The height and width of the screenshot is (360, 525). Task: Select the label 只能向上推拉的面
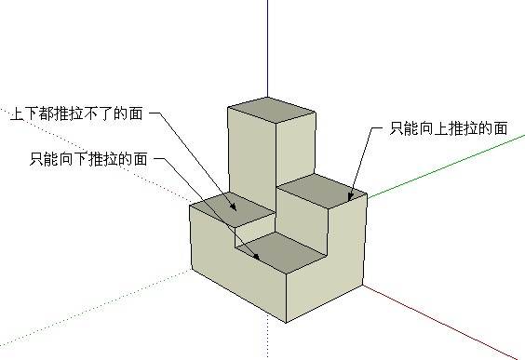point(449,127)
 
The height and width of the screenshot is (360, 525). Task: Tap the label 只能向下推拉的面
point(88,159)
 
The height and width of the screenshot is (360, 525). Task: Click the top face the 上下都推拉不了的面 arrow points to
point(233,205)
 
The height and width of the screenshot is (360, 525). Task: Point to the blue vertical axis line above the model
point(268,47)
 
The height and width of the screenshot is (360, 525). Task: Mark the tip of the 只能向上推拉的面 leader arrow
point(348,200)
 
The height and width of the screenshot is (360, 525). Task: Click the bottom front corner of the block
point(285,323)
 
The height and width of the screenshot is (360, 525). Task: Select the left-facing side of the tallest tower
point(250,149)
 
